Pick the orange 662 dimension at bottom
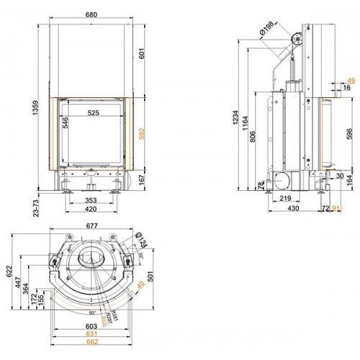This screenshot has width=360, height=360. pyautogui.click(x=90, y=341)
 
